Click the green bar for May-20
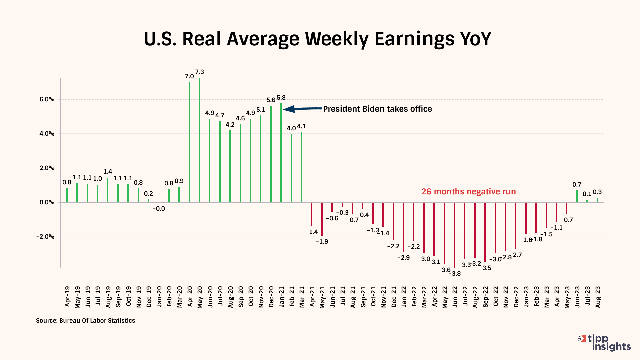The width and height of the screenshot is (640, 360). click(200, 140)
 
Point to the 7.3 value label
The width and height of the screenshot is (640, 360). click(200, 72)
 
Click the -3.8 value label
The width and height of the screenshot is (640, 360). click(455, 274)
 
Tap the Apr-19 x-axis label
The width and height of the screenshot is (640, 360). click(67, 296)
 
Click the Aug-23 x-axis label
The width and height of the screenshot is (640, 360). click(598, 297)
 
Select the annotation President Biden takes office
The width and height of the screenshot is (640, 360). click(377, 109)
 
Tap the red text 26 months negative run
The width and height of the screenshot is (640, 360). click(468, 192)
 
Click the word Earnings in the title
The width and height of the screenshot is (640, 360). click(415, 39)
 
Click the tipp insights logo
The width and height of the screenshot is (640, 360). click(605, 343)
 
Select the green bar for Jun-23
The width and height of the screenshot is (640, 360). click(577, 196)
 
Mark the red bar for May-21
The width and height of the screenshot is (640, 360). click(322, 219)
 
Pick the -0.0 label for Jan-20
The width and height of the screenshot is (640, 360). click(159, 209)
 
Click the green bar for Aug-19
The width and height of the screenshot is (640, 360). click(108, 190)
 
